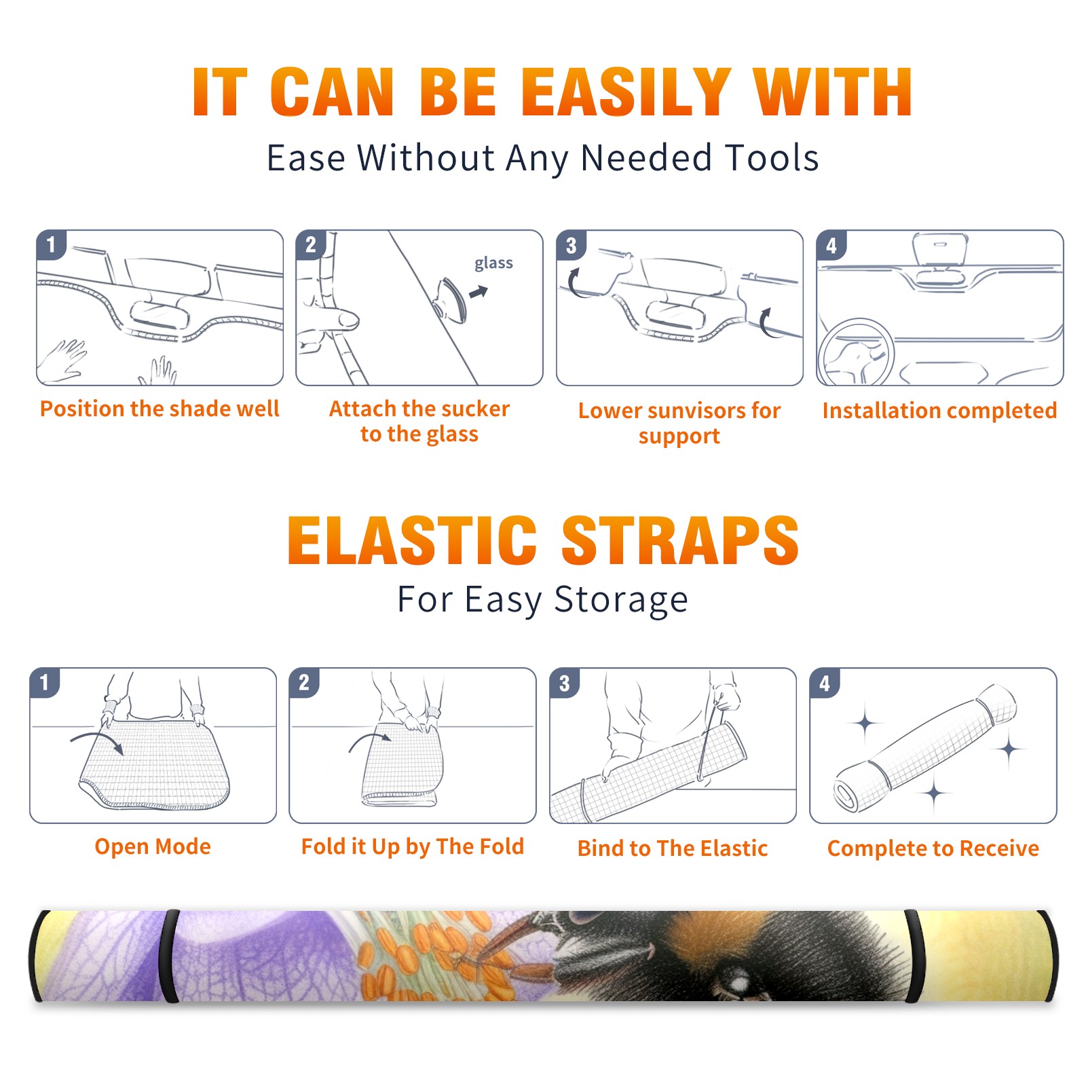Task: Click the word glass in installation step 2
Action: (x=493, y=263)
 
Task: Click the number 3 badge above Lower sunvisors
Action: (x=571, y=245)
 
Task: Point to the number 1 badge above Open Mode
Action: (x=45, y=682)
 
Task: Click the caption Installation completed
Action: (x=939, y=411)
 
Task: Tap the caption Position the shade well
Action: (x=160, y=409)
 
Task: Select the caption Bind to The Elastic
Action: (x=673, y=848)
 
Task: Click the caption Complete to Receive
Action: (x=933, y=848)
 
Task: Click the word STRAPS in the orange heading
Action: (x=680, y=540)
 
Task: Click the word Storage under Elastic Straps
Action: (x=621, y=600)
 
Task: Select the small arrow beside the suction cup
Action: (x=479, y=292)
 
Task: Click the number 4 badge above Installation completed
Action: (x=831, y=245)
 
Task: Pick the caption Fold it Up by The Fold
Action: (x=413, y=847)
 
